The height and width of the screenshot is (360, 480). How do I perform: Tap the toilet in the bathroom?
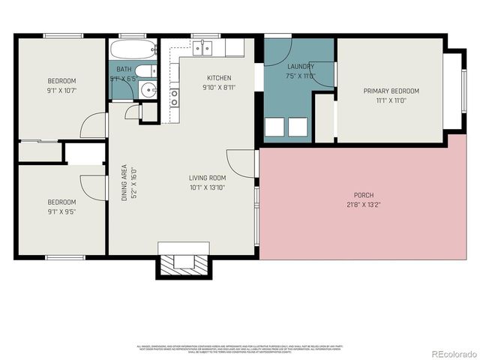point(148,72)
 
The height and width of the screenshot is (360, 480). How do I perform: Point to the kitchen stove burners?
point(175,97)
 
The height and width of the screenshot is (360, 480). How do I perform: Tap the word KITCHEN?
point(219,78)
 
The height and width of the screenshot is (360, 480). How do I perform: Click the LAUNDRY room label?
point(300,67)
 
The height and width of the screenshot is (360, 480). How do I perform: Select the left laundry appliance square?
point(274,127)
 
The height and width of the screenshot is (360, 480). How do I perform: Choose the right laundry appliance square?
point(298,127)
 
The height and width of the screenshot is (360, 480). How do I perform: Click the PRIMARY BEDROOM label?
point(391,91)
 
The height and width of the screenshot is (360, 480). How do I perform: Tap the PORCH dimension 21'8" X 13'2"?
point(364,205)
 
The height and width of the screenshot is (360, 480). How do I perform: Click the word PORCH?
point(364,195)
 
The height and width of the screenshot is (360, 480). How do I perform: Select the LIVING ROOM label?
point(207,178)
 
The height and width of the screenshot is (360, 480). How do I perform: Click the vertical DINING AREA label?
point(124,182)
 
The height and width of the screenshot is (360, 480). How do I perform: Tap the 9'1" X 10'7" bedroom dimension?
point(61,91)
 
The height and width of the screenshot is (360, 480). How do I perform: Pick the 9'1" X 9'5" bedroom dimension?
point(61,211)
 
